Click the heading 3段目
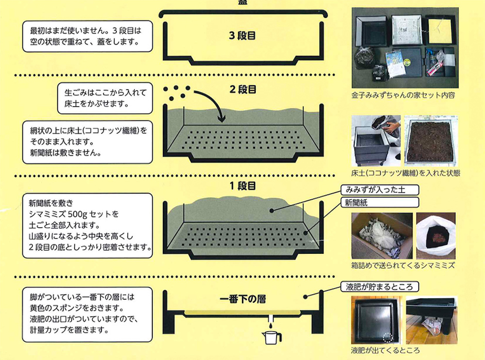(x=242, y=35)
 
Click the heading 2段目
(x=242, y=90)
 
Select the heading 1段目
(x=242, y=186)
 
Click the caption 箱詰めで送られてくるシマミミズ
(x=403, y=265)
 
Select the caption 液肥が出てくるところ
(x=386, y=351)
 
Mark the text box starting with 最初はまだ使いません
(x=87, y=36)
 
